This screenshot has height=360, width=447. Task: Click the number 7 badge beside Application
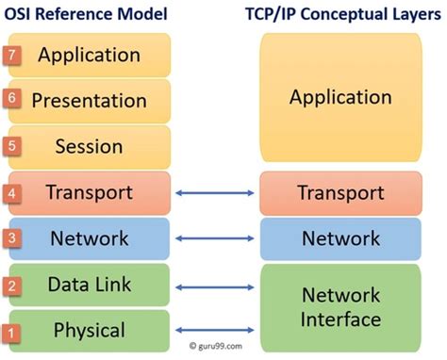coord(12,55)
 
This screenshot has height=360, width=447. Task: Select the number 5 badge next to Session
coord(12,146)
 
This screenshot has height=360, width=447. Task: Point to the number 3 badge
coord(12,238)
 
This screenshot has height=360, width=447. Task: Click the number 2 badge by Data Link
coord(12,285)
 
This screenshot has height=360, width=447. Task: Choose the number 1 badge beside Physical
coord(12,332)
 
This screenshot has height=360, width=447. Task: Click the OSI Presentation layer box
coord(91,100)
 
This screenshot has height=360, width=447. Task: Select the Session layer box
coord(91,147)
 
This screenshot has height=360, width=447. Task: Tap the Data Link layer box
coord(91,285)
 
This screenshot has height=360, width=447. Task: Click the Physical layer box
coord(91,330)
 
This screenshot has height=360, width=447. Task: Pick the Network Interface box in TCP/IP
coord(339,306)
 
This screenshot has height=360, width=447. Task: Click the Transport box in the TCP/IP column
coord(339,193)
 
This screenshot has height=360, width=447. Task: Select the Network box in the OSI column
coord(91,238)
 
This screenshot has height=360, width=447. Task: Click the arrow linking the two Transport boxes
coord(216,193)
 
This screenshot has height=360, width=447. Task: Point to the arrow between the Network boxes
coord(216,238)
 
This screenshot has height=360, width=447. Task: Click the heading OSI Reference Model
coord(88,14)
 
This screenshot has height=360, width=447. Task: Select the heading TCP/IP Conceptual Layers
coord(339,14)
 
